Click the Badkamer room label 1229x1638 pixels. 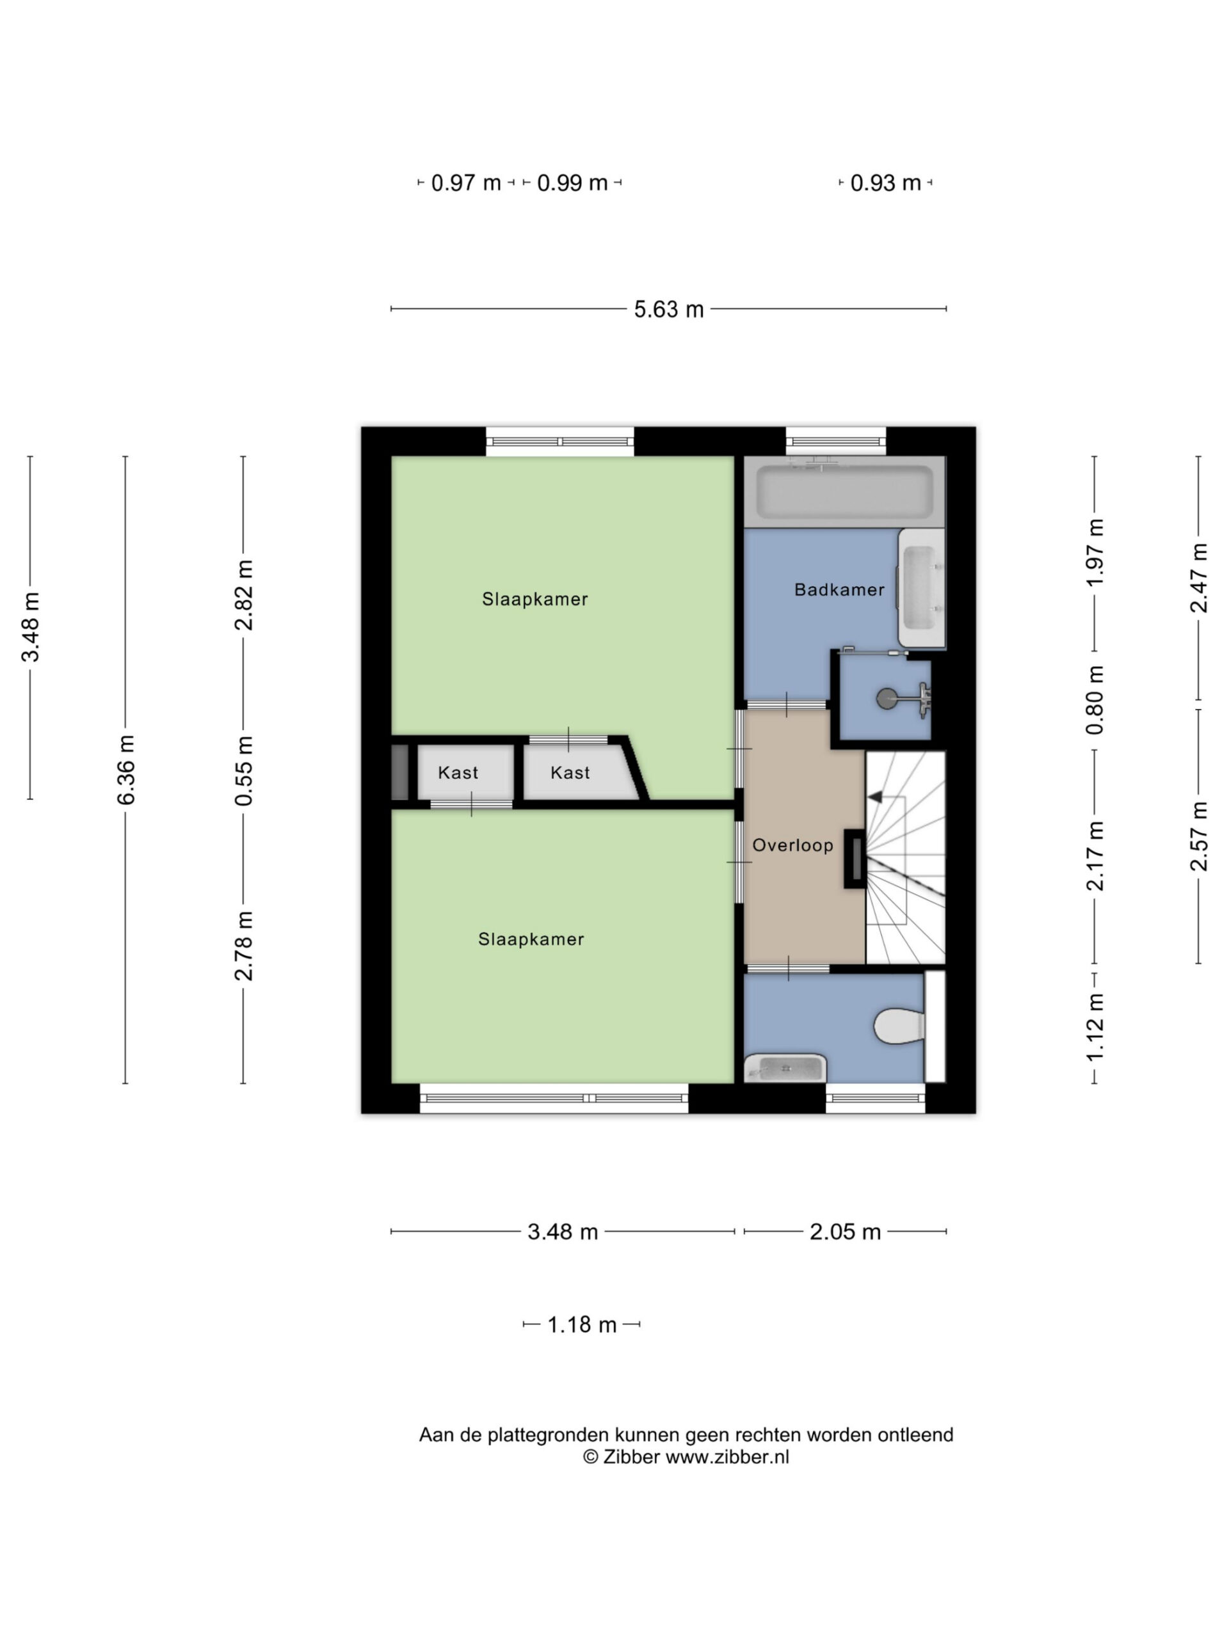839,589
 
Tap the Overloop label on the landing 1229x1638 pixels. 792,845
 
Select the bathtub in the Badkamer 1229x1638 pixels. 844,491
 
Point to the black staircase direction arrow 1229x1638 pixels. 875,797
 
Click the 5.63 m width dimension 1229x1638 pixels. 668,309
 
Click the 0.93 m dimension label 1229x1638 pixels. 885,183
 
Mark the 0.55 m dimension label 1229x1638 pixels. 244,771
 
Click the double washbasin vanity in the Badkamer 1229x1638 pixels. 922,588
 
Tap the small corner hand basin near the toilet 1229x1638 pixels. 785,1068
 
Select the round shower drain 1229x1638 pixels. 887,697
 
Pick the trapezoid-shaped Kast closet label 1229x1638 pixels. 570,772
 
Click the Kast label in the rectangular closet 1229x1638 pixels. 458,772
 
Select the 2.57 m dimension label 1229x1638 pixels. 1199,836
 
